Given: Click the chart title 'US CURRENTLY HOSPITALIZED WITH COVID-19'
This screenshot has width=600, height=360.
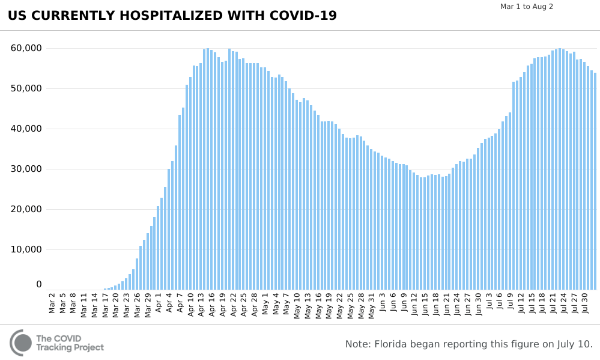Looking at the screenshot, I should (172, 16).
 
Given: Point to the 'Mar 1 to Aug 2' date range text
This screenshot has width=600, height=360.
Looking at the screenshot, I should (527, 7).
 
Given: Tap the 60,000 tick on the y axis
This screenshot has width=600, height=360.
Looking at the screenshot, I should (26, 48).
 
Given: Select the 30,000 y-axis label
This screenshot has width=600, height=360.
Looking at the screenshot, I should (26, 169).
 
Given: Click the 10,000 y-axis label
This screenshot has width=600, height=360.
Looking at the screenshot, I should (26, 249).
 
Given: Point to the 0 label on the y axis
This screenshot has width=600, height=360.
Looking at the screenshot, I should (38, 284).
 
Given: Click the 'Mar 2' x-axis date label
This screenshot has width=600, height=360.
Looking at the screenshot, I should (52, 303).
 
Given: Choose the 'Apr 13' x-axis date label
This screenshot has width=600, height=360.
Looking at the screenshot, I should (202, 304).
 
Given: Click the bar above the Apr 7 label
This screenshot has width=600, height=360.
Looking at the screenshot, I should (180, 202).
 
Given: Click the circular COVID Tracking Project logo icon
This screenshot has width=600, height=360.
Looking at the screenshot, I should (21, 343).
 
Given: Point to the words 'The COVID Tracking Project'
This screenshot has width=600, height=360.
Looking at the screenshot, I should (70, 343).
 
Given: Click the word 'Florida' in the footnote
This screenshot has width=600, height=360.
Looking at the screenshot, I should (394, 344).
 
